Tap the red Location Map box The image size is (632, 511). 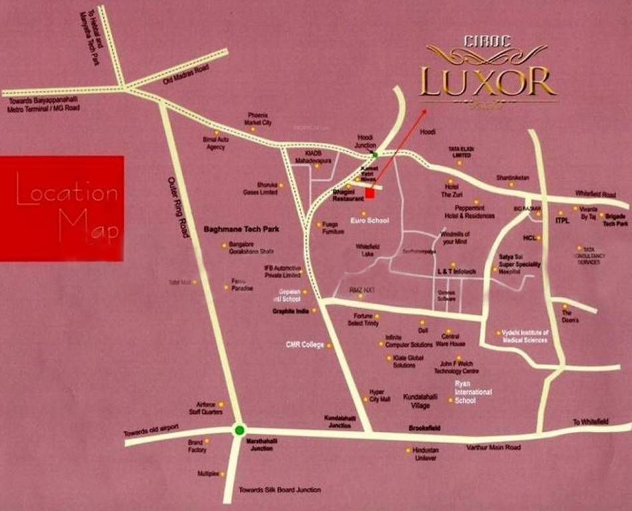62,208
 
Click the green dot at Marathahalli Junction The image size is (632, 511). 239,430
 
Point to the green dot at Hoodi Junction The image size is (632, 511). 375,154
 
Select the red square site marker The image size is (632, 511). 370,193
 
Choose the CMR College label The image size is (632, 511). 304,345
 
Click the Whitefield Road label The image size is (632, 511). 595,194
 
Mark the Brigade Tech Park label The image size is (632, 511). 615,220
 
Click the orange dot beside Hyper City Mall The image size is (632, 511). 365,399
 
